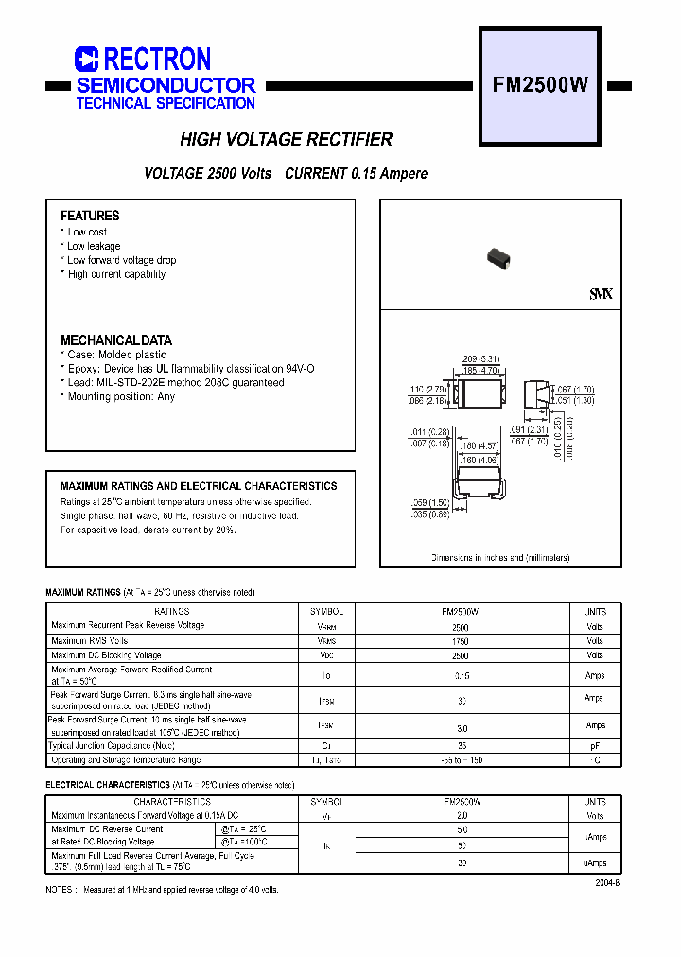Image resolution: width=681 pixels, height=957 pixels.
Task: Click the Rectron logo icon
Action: point(87,60)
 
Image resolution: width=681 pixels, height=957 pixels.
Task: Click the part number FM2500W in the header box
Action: point(541,85)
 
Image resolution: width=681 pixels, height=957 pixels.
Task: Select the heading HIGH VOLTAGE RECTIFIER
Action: point(286,140)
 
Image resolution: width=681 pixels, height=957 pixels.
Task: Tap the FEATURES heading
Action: point(90,216)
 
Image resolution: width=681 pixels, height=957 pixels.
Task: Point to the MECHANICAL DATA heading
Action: point(116,340)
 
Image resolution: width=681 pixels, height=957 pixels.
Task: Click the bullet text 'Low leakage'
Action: point(94,246)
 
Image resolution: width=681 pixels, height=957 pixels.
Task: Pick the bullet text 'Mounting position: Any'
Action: point(121,397)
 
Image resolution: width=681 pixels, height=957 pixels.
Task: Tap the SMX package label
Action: point(601,295)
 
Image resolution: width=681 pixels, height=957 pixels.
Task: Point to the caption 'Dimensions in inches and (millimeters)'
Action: point(500,558)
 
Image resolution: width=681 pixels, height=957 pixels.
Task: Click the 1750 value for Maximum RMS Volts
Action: point(461,641)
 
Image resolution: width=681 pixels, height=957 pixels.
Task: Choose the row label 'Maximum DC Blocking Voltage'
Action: point(106,655)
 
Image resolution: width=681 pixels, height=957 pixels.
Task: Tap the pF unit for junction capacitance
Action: point(594,746)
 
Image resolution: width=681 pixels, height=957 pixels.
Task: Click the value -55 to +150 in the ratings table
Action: point(461,760)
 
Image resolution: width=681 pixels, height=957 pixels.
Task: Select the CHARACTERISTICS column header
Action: point(171,802)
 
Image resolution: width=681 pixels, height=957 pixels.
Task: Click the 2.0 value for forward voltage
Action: point(462,815)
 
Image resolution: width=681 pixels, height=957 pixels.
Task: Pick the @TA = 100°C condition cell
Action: point(244,842)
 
